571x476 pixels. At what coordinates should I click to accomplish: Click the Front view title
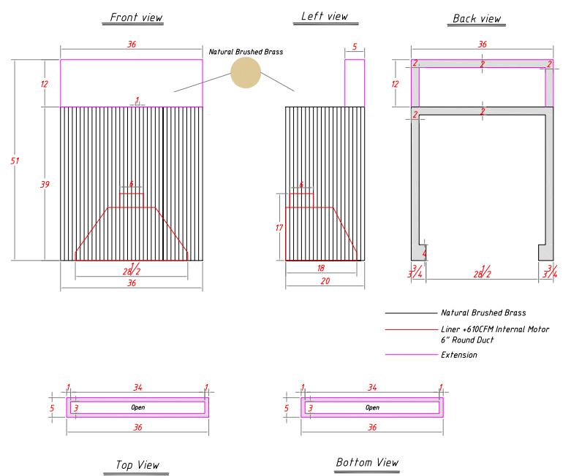coord(136,18)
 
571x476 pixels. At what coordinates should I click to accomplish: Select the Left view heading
coord(325,16)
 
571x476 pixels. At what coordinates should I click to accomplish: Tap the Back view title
coord(477,18)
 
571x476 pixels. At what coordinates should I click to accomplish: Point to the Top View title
coord(137,465)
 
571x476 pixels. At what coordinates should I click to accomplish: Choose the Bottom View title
coord(367,462)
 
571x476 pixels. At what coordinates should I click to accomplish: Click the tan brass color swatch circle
coord(246,73)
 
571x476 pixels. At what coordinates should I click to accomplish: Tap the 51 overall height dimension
coord(15,161)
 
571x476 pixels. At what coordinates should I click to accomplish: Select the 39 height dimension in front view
coord(45,185)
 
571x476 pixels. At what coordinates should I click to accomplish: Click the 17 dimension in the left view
coord(279,228)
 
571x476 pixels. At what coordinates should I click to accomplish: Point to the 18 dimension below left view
coord(320,269)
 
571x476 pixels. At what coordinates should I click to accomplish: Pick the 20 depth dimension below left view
coord(325,281)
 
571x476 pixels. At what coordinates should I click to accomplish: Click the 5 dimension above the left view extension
coord(355,47)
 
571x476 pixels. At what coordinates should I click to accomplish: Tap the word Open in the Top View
coord(138,407)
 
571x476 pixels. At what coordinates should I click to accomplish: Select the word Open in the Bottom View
coord(373,407)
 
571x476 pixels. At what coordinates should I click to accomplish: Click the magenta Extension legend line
coord(412,354)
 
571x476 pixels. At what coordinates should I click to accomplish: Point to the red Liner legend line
coord(412,329)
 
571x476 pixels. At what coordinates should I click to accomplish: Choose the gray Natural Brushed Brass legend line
coord(412,312)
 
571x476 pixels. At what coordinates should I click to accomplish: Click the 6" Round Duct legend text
coord(467,340)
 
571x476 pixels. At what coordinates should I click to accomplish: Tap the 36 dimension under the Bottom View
coord(372,428)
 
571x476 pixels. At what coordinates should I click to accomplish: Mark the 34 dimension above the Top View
coord(137,388)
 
